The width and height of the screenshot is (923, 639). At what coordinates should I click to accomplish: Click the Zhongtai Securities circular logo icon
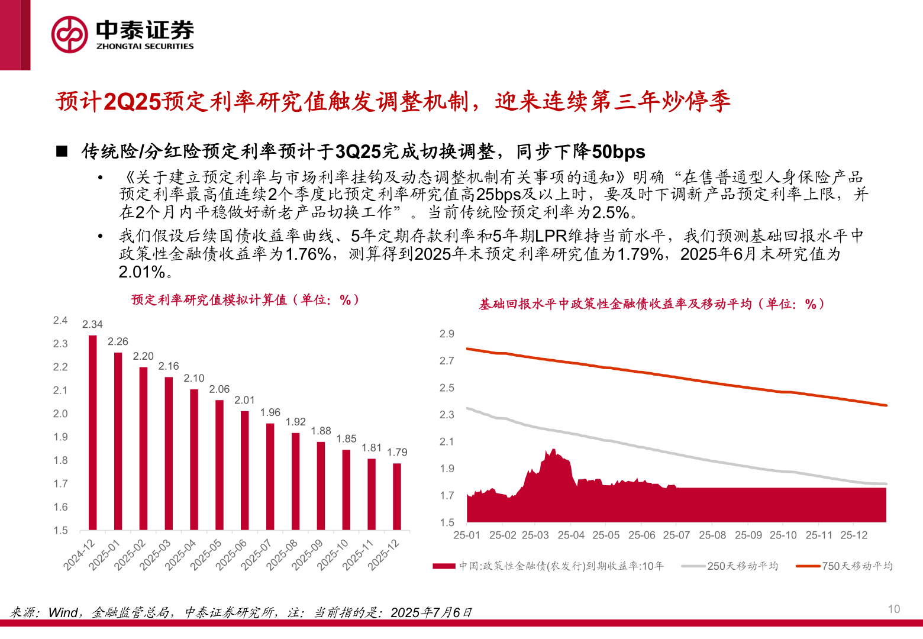[x=70, y=34]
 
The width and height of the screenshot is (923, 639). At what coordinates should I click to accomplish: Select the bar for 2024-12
[x=92, y=432]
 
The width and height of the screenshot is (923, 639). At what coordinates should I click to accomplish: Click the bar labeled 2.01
[x=244, y=470]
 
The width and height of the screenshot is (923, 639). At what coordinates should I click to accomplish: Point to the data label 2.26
[x=118, y=341]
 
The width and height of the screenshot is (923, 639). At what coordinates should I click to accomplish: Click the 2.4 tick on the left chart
[x=60, y=321]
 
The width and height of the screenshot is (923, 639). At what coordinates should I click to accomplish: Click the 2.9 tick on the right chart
[x=447, y=334]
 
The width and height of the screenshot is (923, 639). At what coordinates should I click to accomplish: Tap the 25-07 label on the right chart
[x=676, y=535]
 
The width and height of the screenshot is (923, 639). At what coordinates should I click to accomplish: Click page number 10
[x=893, y=609]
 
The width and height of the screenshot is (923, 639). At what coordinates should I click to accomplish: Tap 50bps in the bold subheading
[x=618, y=152]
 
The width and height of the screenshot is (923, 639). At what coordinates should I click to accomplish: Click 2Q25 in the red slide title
[x=132, y=102]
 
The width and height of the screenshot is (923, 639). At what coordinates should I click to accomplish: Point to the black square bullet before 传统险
[x=62, y=151]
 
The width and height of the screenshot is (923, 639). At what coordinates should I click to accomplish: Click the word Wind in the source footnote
[x=63, y=612]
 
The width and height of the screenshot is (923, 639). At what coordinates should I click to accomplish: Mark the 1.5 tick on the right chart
[x=447, y=522]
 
